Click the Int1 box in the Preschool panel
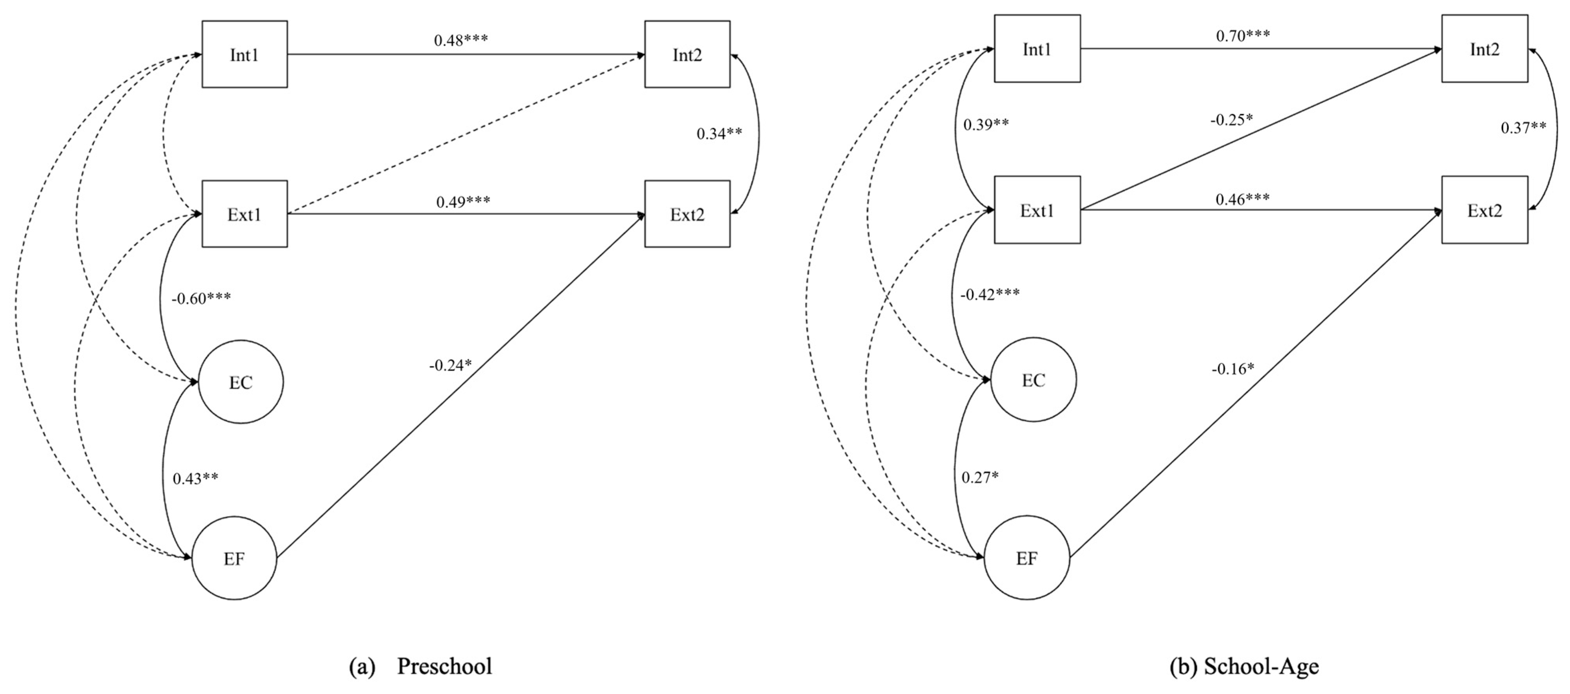pyautogui.click(x=244, y=54)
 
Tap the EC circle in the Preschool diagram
pyautogui.click(x=241, y=382)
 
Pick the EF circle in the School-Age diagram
pyautogui.click(x=1027, y=558)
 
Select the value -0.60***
pyautogui.click(x=201, y=298)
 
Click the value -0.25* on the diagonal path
pyautogui.click(x=1231, y=120)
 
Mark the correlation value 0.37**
pyautogui.click(x=1523, y=128)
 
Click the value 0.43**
pyautogui.click(x=195, y=479)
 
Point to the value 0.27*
pyautogui.click(x=980, y=477)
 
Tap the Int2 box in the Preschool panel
pyautogui.click(x=687, y=54)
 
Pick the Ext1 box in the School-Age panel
pyautogui.click(x=1037, y=210)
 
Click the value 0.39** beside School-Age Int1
pyautogui.click(x=985, y=124)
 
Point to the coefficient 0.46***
pyautogui.click(x=1242, y=199)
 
